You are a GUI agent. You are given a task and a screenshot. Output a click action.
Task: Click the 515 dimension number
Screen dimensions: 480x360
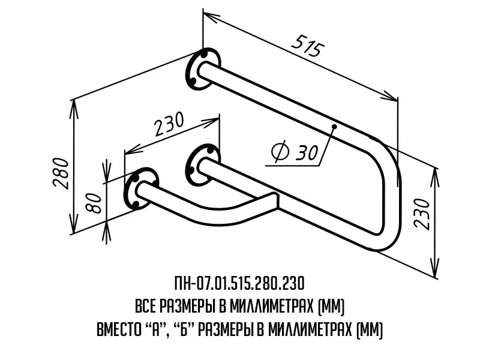308,46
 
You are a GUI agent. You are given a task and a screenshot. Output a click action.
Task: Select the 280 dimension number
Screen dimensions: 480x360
61,173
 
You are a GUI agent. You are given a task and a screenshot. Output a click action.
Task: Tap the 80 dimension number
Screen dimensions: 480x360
94,203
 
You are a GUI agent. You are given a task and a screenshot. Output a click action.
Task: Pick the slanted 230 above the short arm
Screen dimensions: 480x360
169,124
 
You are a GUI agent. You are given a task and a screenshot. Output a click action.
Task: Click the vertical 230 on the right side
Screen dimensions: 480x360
422,214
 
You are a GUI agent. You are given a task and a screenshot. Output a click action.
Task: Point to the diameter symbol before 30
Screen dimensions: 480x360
280,152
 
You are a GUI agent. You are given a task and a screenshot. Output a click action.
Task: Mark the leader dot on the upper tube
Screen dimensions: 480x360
334,126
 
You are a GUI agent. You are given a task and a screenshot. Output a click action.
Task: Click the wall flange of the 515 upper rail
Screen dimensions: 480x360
203,69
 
